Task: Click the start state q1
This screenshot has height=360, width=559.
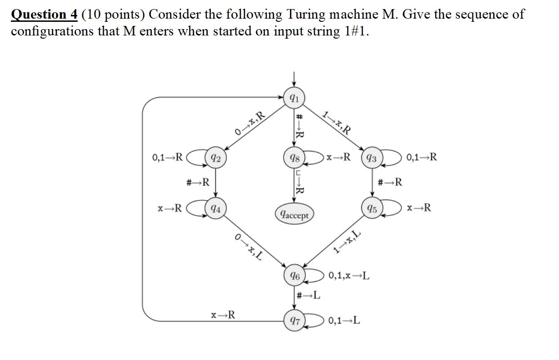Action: tap(294, 98)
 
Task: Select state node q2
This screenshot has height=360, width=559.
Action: tap(216, 158)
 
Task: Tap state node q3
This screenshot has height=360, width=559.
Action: tap(372, 158)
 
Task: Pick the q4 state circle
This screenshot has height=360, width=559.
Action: tap(216, 209)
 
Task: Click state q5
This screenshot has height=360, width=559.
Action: tap(372, 209)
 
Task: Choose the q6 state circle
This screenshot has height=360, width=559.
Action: tap(294, 275)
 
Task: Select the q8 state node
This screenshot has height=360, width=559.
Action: tap(294, 158)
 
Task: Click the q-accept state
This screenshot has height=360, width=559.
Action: tap(294, 215)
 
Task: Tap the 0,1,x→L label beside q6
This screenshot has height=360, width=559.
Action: tap(349, 275)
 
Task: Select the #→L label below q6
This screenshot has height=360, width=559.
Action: tap(308, 295)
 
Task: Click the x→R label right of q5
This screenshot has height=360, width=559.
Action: tap(419, 208)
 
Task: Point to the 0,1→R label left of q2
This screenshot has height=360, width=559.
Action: tap(168, 158)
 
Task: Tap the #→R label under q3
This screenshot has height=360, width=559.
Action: tap(390, 183)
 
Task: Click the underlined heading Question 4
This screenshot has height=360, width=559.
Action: tap(45, 15)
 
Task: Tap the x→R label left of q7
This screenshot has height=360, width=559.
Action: tap(223, 315)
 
